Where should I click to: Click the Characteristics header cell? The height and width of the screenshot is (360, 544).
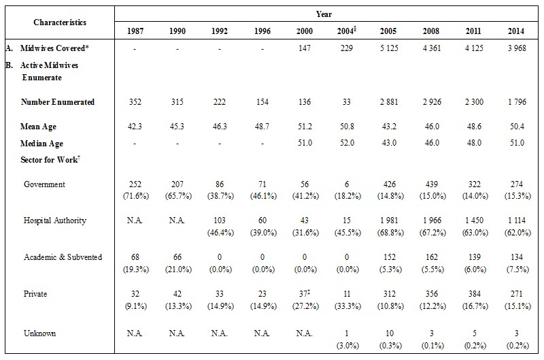[x=61, y=22]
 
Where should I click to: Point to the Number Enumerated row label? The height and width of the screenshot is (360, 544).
[x=58, y=102]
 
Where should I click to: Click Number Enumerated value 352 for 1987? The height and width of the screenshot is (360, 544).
[x=135, y=102]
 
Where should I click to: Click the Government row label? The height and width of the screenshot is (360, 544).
[x=45, y=184]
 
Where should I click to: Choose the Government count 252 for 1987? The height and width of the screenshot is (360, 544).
[x=135, y=184]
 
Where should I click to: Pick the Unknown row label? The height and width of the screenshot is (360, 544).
[x=40, y=333]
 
